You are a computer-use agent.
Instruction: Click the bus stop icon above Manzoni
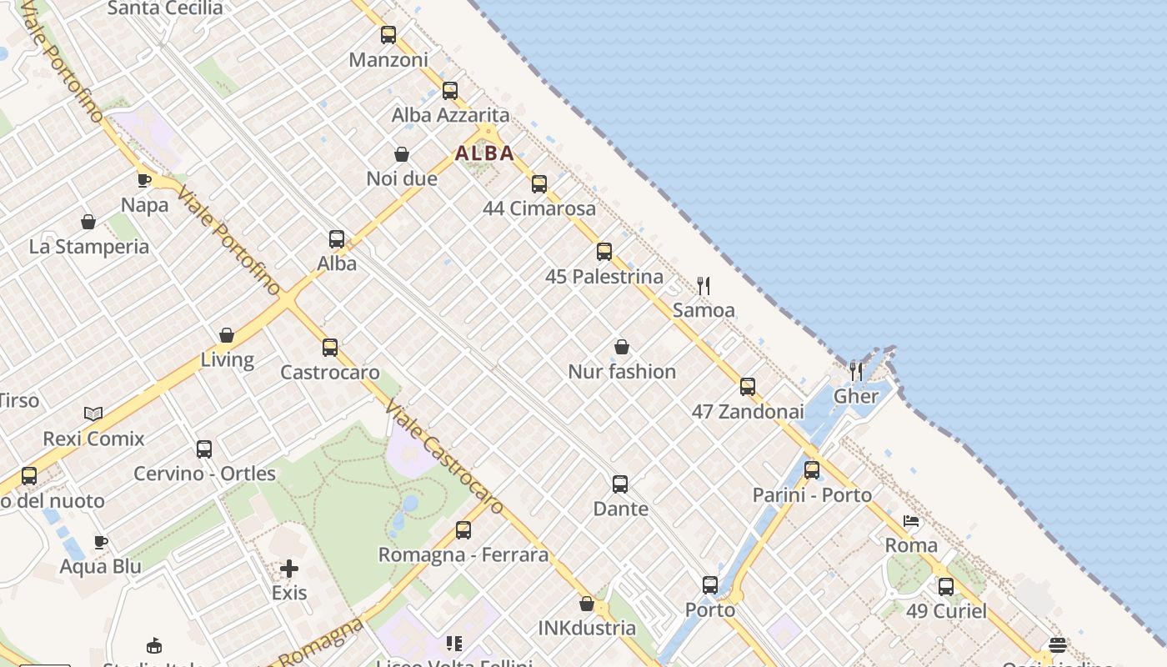388,35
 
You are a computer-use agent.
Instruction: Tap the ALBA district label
484,153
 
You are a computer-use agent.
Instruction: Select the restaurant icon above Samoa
704,286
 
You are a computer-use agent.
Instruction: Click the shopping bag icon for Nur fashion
622,347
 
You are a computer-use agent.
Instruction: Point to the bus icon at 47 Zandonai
748,387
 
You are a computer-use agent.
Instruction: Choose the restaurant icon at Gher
856,371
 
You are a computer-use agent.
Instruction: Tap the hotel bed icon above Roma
911,522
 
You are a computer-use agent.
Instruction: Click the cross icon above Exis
289,569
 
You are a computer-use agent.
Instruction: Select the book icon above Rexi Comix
93,414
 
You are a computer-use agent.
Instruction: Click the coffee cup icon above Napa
144,180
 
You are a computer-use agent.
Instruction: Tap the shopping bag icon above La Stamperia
88,222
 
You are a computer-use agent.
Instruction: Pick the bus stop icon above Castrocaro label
330,348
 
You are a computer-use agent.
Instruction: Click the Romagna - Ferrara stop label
463,554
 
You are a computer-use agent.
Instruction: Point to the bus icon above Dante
620,484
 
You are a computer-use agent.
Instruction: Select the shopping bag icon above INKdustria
587,604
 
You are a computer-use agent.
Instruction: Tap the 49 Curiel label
946,611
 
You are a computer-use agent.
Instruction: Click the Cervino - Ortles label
205,474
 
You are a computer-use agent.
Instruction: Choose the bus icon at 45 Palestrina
604,252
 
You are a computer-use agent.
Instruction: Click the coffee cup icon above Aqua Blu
101,543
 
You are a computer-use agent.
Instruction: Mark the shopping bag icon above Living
227,335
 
